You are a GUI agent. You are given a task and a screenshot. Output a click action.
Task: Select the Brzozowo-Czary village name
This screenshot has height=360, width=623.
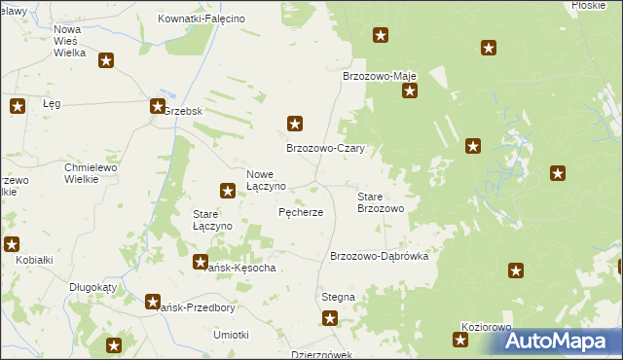(x=324, y=149)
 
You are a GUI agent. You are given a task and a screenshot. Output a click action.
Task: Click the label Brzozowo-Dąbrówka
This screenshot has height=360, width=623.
(x=386, y=256)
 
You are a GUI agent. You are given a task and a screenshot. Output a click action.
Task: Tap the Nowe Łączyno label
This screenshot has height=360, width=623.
(x=265, y=179)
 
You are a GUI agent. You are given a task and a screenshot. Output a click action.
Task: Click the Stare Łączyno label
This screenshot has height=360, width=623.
(x=212, y=219)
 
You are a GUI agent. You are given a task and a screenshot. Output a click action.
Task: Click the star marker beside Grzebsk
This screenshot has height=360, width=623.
(x=157, y=107)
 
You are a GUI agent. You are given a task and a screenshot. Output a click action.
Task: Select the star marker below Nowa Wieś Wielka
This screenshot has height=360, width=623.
(x=106, y=60)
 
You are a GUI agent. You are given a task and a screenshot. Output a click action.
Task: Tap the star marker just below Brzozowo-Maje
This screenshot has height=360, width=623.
(x=410, y=91)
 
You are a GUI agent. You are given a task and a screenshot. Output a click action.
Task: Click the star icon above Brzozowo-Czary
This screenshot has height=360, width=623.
(x=295, y=124)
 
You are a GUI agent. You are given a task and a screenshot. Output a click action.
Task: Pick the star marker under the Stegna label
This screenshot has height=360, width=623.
(x=330, y=317)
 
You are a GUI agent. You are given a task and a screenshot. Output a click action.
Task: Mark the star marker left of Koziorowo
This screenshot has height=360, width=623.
(x=460, y=340)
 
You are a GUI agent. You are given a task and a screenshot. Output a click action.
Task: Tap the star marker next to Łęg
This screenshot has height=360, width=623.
(x=17, y=107)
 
